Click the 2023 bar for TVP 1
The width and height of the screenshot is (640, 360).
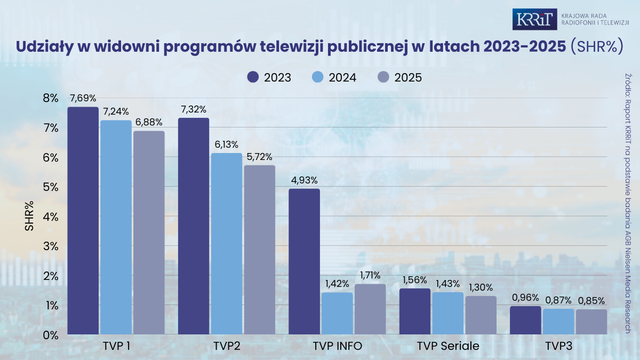tap(83, 221)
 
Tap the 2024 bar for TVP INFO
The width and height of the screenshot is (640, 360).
tap(337, 313)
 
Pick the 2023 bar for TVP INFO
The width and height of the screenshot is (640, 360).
tap(304, 261)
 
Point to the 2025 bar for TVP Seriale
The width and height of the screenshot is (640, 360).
tap(481, 315)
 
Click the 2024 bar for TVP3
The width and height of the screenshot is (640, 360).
tap(558, 322)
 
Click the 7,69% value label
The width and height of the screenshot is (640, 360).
tap(83, 98)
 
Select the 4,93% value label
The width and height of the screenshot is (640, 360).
tap(304, 180)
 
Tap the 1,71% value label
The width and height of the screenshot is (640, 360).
tap(370, 275)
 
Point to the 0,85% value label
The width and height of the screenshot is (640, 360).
tap(591, 301)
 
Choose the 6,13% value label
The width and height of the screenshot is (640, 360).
tap(226, 145)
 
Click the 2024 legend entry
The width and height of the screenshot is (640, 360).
tap(333, 77)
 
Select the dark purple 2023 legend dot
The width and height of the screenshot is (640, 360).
tap(253, 77)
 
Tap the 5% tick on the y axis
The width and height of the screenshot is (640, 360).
tap(51, 187)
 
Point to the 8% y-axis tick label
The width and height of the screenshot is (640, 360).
tap(51, 98)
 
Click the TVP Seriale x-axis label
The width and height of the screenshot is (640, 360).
tap(448, 346)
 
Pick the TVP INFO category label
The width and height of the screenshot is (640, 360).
tap(337, 346)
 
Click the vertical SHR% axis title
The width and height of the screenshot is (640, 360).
tap(30, 217)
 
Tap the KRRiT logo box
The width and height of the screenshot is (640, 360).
tap(535, 19)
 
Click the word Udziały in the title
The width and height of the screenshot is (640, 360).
tap(44, 46)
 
